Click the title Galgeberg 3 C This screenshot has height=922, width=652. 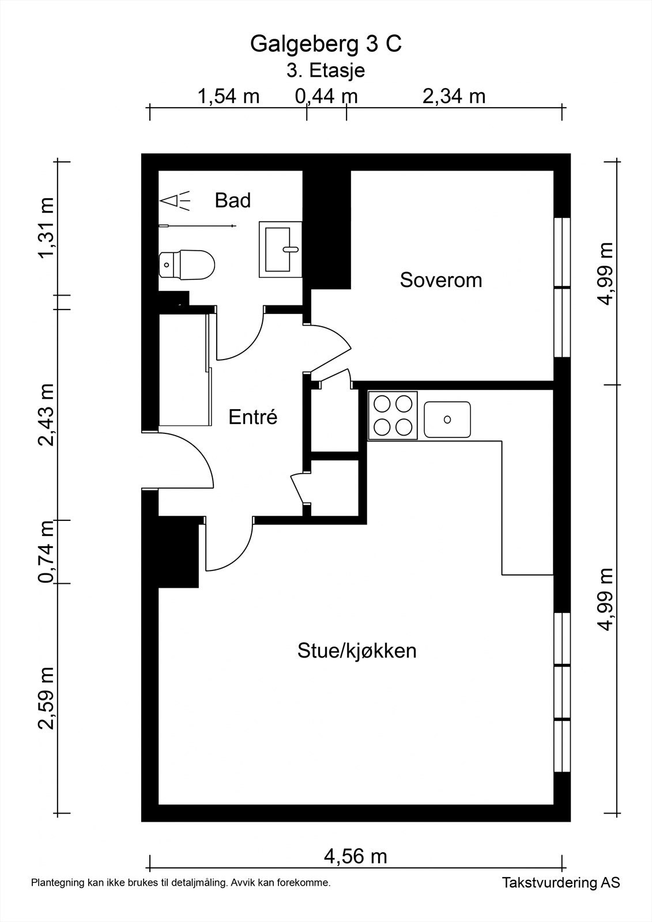click(326, 44)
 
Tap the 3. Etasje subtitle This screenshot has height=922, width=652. click(326, 70)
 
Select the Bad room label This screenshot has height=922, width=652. click(233, 201)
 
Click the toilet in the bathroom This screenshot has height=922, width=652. click(187, 264)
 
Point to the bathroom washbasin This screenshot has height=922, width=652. click(281, 250)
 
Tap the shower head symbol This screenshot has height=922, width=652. click(175, 201)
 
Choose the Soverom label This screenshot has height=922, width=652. click(440, 280)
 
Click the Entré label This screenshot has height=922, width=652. click(253, 417)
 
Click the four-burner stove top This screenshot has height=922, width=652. click(393, 415)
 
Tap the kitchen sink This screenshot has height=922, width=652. click(447, 420)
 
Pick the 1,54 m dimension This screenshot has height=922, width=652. click(229, 97)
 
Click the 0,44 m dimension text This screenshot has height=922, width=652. click(326, 97)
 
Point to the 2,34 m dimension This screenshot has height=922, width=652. click(454, 97)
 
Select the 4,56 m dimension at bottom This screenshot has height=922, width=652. click(356, 856)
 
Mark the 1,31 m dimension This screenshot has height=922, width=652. click(46, 227)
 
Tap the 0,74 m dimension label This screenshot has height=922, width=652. click(46, 551)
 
